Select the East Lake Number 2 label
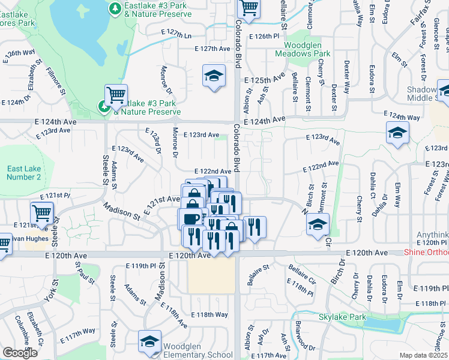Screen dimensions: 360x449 coord(24,173)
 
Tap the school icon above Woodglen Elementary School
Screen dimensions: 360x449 coord(149,341)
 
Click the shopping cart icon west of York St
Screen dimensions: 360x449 coord(41,212)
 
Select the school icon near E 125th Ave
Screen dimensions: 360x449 coord(213,76)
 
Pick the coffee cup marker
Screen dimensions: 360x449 coord(191,218)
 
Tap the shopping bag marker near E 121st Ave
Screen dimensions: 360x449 coord(194,195)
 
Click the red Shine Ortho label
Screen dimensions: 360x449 coord(426,253)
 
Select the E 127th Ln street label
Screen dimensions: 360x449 coord(176,35)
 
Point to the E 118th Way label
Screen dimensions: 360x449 coord(209,314)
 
